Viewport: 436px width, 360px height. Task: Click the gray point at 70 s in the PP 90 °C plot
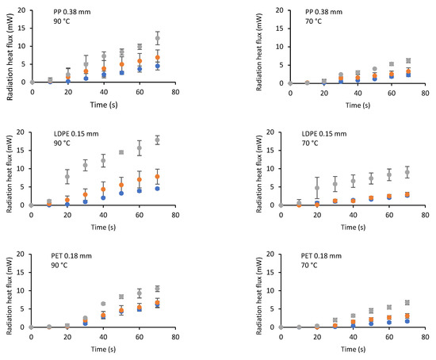(x=158, y=38)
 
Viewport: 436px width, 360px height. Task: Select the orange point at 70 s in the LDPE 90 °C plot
(x=158, y=176)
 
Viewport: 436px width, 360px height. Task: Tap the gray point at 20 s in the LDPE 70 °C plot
(x=317, y=188)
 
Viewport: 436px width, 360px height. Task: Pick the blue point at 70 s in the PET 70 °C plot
(x=407, y=321)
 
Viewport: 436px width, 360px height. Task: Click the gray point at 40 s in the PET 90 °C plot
(x=103, y=304)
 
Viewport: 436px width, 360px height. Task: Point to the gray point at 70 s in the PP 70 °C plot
(x=408, y=60)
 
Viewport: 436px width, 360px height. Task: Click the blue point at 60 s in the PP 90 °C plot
(x=140, y=69)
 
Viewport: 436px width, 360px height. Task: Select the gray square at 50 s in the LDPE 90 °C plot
(x=121, y=152)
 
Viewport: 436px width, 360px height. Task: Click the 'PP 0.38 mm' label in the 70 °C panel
(x=323, y=12)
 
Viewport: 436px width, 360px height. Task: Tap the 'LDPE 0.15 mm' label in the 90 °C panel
(x=76, y=134)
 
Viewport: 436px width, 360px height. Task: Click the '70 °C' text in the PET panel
(x=309, y=265)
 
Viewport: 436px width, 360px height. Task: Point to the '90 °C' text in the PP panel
(x=62, y=21)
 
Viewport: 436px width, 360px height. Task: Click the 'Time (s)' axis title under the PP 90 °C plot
(x=104, y=105)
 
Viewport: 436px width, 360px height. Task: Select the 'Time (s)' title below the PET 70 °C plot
(x=353, y=349)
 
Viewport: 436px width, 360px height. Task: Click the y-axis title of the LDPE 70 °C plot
(x=259, y=174)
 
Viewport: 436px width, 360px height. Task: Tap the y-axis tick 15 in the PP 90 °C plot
(x=21, y=28)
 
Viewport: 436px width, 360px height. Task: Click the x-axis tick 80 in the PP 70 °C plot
(x=425, y=94)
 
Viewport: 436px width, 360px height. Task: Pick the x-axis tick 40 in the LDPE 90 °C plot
(x=103, y=215)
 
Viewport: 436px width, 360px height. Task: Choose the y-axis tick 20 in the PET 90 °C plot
(x=21, y=254)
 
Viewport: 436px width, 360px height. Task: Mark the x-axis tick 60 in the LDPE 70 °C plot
(x=389, y=215)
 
